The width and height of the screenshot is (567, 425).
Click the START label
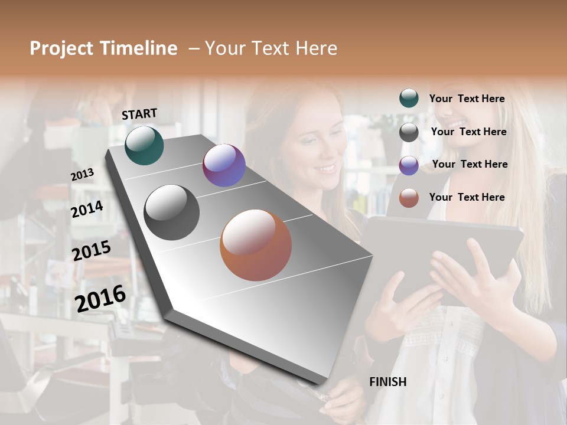click(x=139, y=114)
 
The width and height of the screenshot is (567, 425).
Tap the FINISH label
click(x=387, y=382)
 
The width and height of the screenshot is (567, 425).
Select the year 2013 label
click(x=82, y=175)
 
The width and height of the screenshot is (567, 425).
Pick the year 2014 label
click(x=87, y=209)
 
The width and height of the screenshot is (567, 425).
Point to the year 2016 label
click(x=100, y=298)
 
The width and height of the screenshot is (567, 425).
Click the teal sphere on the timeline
click(x=144, y=145)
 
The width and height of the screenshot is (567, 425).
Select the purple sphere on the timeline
click(x=224, y=165)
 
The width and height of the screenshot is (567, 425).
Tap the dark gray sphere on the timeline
click(x=171, y=212)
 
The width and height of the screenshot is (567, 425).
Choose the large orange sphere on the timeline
click(x=256, y=245)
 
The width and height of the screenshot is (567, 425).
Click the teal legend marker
click(x=409, y=99)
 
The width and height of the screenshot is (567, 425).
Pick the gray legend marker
click(x=409, y=132)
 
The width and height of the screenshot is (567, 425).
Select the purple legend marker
click(x=409, y=165)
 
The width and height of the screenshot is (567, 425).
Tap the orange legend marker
click(x=409, y=198)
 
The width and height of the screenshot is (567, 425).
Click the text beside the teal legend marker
click(x=467, y=99)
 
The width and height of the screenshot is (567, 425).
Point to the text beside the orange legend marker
click(x=467, y=197)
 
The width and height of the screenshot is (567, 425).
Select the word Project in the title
click(x=61, y=48)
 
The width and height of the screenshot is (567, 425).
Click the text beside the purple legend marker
click(x=470, y=164)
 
